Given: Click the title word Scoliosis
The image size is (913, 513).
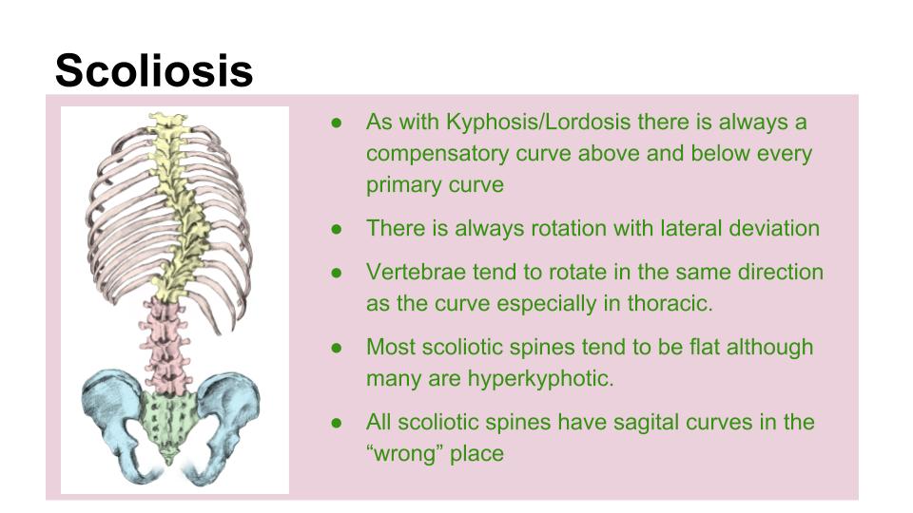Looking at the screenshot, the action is (154, 71).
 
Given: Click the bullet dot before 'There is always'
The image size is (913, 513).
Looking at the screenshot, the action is (337, 229).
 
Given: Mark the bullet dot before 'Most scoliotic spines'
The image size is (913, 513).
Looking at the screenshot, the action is (337, 348).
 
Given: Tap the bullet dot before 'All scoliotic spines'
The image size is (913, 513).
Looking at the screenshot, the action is (337, 423).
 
